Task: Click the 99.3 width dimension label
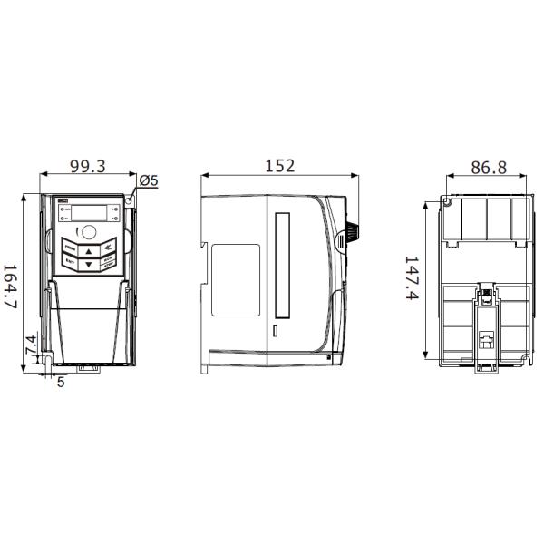click(89, 166)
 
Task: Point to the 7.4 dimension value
click(30, 345)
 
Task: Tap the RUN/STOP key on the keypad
click(109, 262)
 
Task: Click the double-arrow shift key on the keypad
click(109, 247)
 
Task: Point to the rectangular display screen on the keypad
click(88, 212)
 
